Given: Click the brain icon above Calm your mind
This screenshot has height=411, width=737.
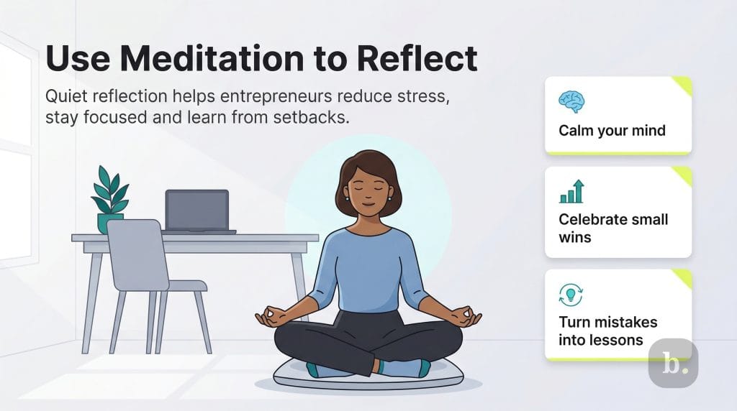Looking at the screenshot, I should [571, 101].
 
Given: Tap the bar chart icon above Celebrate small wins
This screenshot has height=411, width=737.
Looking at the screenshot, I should [571, 192].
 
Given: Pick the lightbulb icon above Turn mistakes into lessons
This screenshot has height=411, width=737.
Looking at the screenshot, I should [571, 295].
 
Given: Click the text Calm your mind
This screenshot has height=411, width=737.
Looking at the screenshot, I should [612, 131].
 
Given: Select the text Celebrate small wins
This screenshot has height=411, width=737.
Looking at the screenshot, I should [613, 227].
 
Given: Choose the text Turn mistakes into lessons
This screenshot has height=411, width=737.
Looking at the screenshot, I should [607, 331].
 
